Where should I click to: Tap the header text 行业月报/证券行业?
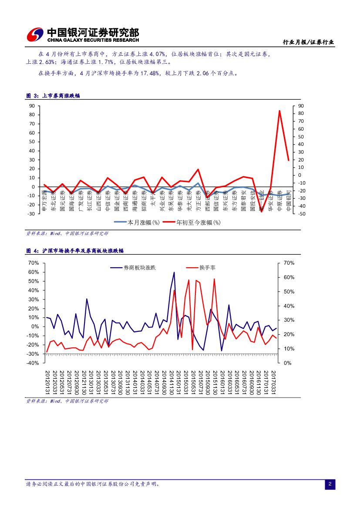tap(308, 42)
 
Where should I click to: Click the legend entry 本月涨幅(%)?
tap(138, 222)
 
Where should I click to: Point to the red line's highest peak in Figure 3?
tap(279, 111)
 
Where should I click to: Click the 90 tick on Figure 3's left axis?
tap(32, 106)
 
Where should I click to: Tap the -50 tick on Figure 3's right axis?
tap(301, 214)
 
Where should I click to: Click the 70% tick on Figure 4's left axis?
tap(34, 263)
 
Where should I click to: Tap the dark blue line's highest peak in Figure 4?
tap(174, 273)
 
